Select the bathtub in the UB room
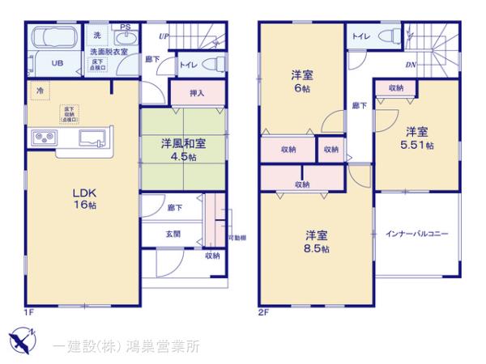coord(53,38)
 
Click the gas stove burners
coord(42,138)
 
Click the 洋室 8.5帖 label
coord(317,242)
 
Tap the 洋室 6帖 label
coord(302,83)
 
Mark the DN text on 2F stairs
coord(411,66)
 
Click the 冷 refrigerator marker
coord(39,91)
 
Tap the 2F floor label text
coord(263,312)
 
